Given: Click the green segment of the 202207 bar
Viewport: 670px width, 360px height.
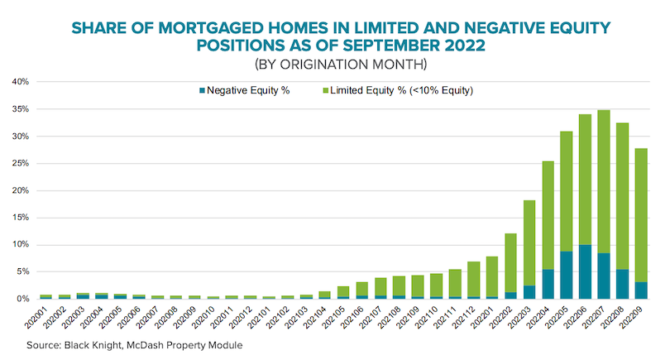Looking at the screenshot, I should point(604,182).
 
